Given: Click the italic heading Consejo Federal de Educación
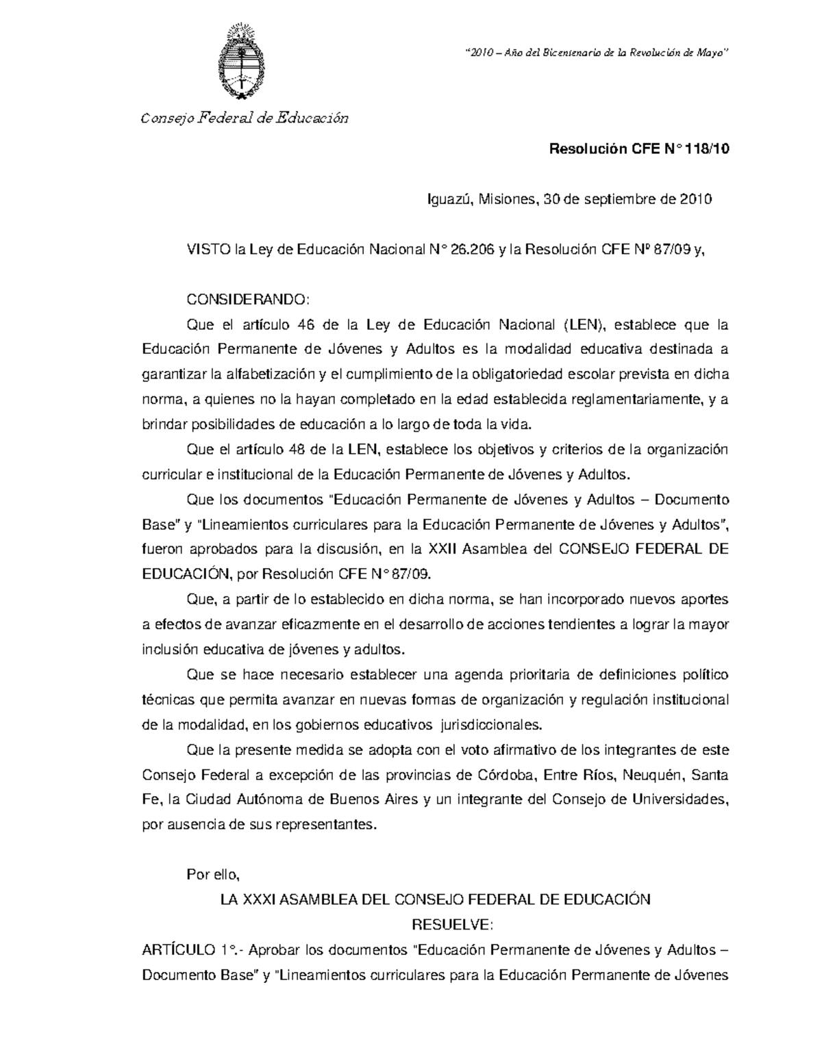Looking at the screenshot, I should [245, 118].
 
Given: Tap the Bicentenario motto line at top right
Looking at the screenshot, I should [595, 54].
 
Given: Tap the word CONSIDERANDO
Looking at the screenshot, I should [248, 300].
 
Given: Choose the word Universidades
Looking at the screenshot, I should [679, 799].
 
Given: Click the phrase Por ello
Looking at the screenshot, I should [212, 875].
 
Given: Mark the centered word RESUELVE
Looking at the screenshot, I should [451, 925].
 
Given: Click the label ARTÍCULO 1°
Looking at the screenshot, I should [189, 950].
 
